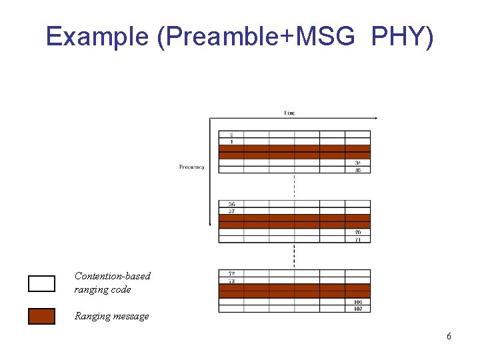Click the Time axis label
click(289, 113)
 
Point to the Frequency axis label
click(192, 167)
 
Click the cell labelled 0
click(231, 135)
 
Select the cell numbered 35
click(358, 170)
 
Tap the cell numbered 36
click(231, 204)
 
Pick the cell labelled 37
click(231, 211)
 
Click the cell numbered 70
click(358, 233)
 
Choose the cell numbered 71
click(358, 239)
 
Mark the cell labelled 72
click(231, 273)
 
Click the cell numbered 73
click(231, 281)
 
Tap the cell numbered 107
click(358, 309)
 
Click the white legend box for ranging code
click(41, 283)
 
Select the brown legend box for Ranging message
click(41, 316)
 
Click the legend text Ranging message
click(112, 316)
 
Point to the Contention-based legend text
click(113, 276)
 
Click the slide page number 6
click(449, 337)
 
